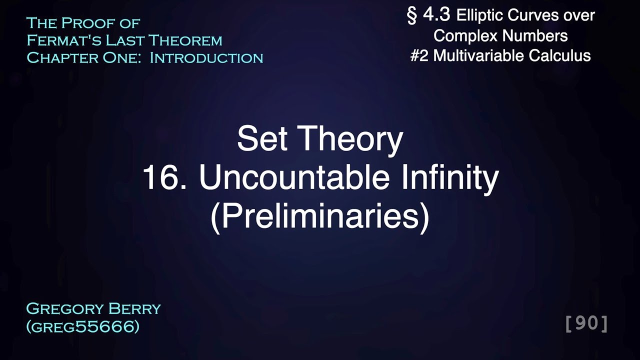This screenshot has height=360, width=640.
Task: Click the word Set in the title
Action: click(x=262, y=139)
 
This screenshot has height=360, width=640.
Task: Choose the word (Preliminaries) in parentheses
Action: click(x=320, y=217)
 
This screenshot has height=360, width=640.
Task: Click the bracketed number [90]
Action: click(x=586, y=324)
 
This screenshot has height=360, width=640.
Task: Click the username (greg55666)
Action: click(x=82, y=326)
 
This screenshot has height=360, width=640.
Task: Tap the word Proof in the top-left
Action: click(x=95, y=23)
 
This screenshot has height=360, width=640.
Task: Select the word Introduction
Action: click(x=206, y=57)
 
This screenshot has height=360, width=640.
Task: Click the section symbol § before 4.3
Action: click(x=412, y=16)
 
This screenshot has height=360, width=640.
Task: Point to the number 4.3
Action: click(x=436, y=16)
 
